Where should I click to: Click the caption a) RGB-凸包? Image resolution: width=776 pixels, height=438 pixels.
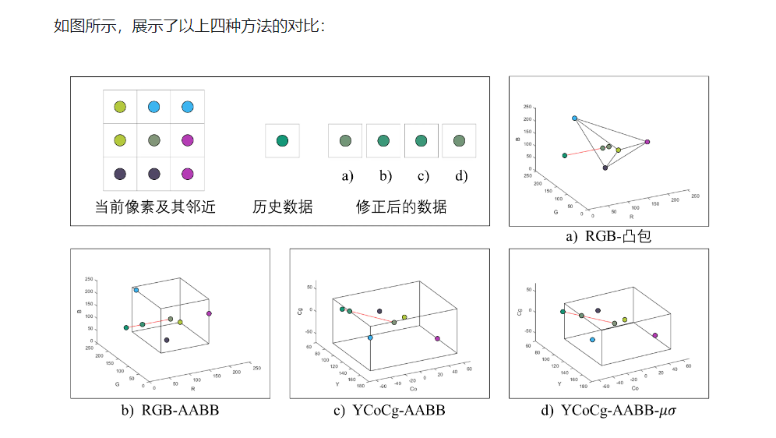point(608,236)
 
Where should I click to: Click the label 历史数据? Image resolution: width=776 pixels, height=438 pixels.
point(283,207)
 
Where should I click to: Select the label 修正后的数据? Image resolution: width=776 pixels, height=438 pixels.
point(401,207)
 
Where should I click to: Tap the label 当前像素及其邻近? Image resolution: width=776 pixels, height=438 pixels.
point(155,207)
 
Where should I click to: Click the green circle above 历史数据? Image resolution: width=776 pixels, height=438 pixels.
point(282,141)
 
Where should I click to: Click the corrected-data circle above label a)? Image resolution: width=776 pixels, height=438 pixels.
point(345,141)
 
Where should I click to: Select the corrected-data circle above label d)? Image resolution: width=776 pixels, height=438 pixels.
point(460,141)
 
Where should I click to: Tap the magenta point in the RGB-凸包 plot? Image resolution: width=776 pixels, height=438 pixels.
point(647,142)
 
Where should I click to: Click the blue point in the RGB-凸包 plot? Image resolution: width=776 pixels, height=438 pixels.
point(574,118)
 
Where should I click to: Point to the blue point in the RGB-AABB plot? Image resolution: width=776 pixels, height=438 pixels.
point(136,290)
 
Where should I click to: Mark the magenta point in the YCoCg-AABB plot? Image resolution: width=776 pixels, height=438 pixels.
point(437,338)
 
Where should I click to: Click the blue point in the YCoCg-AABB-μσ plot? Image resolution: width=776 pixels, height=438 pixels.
point(593,340)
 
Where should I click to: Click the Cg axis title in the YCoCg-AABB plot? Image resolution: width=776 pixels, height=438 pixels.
point(298,311)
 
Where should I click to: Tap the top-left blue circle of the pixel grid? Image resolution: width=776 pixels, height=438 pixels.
point(153,107)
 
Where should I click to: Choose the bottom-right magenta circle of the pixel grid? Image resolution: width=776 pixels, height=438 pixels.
point(187,174)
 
